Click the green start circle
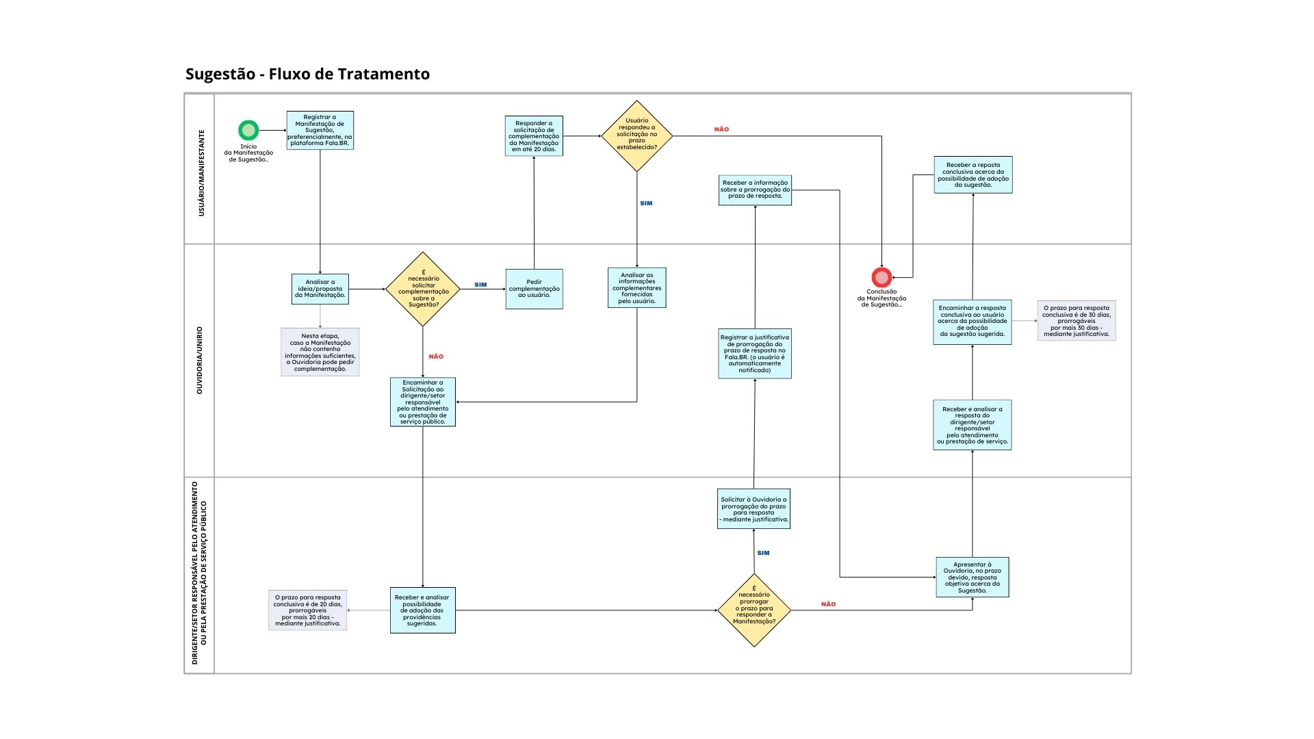248,130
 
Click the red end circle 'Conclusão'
881,277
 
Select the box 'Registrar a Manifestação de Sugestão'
320,130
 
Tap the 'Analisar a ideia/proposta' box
320,289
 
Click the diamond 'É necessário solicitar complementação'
423,289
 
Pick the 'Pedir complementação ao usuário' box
534,289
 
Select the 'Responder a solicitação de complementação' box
534,136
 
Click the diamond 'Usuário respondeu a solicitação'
636,136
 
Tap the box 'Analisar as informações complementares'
636,287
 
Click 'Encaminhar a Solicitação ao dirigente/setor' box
423,402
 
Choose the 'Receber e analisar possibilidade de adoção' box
422,610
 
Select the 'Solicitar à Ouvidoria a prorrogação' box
753,509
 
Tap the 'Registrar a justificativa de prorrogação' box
755,354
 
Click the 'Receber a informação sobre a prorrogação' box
755,190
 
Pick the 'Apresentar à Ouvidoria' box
972,578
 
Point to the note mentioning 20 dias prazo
308,610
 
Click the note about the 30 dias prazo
1077,321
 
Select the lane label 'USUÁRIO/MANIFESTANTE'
201,173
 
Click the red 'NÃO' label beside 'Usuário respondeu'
721,129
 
